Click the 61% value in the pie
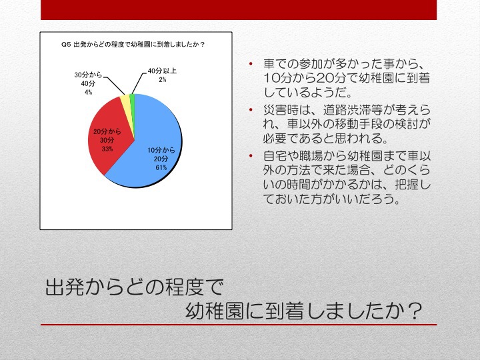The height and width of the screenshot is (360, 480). (x=161, y=168)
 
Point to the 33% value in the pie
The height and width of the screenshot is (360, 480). (x=107, y=149)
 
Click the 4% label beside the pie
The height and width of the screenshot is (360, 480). (x=88, y=92)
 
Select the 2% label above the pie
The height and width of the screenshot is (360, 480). (x=162, y=79)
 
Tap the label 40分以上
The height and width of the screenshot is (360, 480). (x=162, y=71)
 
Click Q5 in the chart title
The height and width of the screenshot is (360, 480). (x=66, y=45)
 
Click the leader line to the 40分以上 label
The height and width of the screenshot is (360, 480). (x=137, y=83)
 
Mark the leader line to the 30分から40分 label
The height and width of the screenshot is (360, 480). (x=114, y=85)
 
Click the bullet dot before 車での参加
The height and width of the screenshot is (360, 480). (x=251, y=64)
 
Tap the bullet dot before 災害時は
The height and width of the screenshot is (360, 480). (x=251, y=109)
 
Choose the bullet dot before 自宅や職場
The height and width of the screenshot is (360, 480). (x=251, y=155)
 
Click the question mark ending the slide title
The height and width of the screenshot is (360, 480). (x=415, y=311)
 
